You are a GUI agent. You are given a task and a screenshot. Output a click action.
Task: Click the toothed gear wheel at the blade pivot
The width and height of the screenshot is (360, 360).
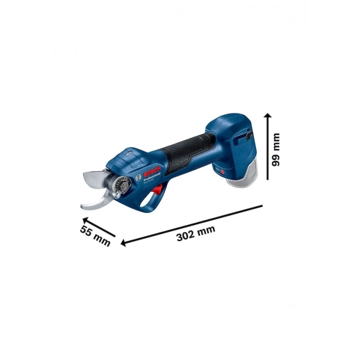[121, 183]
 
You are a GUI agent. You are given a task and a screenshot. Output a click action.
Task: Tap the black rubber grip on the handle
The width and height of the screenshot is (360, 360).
[188, 149]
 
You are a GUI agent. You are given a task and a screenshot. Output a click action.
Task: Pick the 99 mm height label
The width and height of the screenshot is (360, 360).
[276, 150]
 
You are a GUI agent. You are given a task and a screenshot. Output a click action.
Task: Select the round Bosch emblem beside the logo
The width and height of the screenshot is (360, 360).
[138, 176]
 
